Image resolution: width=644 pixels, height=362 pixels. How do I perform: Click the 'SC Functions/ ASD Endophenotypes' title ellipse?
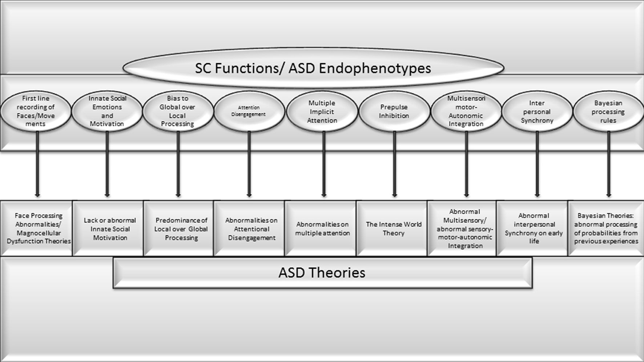(313, 68)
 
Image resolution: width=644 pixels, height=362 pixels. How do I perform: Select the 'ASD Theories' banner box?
(322, 273)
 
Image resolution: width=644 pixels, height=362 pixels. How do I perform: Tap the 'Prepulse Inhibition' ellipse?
(394, 111)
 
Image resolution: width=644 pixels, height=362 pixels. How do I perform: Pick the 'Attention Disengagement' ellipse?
(249, 111)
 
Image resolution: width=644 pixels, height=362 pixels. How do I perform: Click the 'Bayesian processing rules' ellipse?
(608, 111)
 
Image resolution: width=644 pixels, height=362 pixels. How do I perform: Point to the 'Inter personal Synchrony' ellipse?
(537, 111)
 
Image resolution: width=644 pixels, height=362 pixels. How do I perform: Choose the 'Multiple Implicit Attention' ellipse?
(322, 111)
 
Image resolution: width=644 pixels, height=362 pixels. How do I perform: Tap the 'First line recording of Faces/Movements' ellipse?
(36, 111)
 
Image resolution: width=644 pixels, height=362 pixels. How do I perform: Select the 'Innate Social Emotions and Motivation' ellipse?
(107, 111)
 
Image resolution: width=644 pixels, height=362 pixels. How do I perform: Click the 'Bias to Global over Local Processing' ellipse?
(178, 111)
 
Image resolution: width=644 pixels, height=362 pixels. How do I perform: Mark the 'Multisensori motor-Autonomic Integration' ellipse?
(466, 111)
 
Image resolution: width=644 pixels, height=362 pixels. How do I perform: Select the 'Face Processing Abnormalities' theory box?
(38, 229)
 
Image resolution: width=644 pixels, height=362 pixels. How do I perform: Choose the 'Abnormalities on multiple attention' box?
(322, 229)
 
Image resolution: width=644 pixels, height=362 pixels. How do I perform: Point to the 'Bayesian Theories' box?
(606, 229)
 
